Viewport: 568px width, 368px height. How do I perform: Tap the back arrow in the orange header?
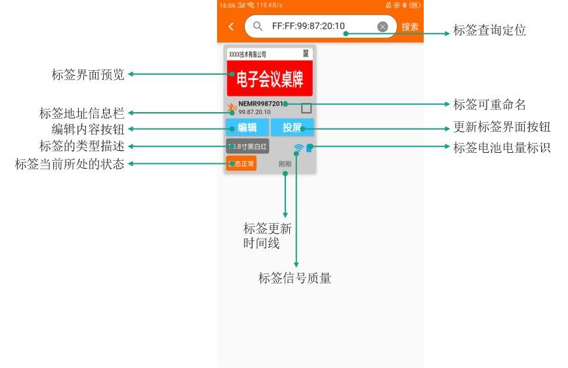coord(231,27)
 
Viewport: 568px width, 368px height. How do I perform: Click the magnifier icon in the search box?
coord(258,27)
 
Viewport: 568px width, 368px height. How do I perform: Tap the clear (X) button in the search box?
coord(383,27)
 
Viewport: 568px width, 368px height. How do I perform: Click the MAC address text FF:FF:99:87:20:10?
coord(308,27)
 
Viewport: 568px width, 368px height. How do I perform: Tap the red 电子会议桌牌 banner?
coord(270,79)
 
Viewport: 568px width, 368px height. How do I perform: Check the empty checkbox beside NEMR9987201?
coord(306,108)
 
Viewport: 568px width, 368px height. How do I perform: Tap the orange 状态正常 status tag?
coord(241,164)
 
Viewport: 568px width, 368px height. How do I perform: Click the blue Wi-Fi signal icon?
coord(298,148)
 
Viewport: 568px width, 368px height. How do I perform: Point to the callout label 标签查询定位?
coord(490,31)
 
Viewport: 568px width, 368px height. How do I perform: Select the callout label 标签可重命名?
coord(490,104)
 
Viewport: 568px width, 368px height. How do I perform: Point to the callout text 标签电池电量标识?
coord(502,148)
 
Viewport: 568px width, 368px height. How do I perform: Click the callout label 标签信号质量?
coord(294,278)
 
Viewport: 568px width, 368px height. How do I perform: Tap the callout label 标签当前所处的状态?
coord(70,164)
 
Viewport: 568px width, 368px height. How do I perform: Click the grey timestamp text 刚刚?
coord(285,164)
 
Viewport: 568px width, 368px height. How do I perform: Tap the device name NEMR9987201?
coord(261,104)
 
